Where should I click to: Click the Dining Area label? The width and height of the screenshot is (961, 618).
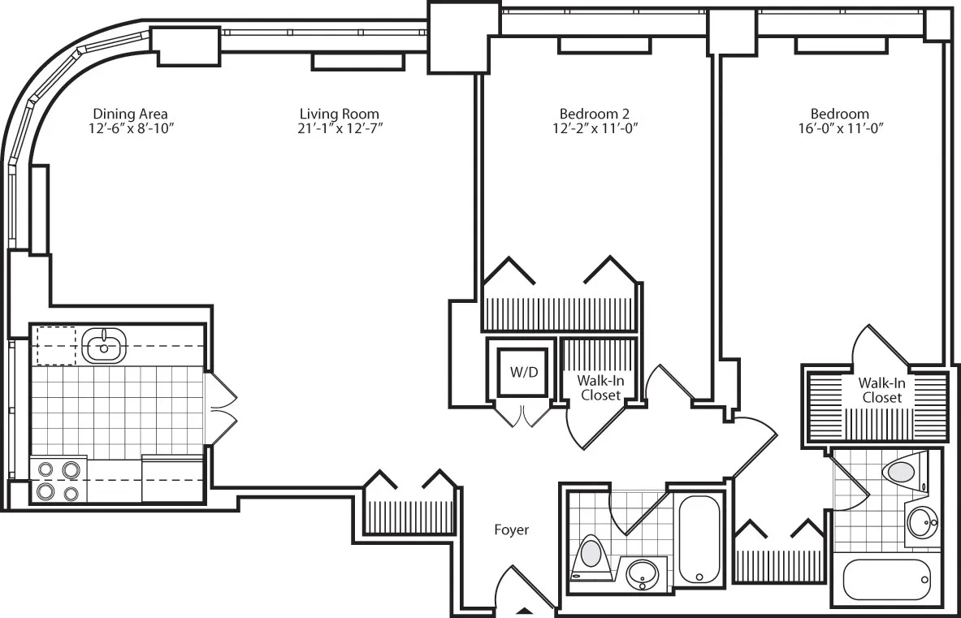[130, 114]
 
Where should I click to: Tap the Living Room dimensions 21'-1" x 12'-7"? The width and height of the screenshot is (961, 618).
[339, 128]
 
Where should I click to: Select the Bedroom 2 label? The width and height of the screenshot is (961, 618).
[594, 114]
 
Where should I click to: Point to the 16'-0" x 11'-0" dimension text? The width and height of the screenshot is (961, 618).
[839, 128]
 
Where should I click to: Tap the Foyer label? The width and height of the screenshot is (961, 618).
[512, 530]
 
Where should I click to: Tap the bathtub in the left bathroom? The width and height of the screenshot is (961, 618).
[697, 538]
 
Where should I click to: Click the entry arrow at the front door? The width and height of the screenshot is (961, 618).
[526, 610]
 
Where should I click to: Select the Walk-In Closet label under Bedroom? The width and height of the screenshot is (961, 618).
[881, 390]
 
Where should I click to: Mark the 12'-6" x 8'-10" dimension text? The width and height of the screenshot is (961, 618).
[130, 128]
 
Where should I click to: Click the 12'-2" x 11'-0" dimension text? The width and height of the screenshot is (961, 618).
[594, 128]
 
